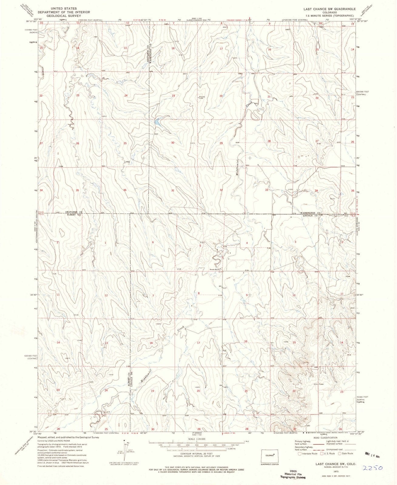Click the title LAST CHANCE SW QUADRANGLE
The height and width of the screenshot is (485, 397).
(332, 9)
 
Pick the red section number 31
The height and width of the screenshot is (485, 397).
(173, 190)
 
